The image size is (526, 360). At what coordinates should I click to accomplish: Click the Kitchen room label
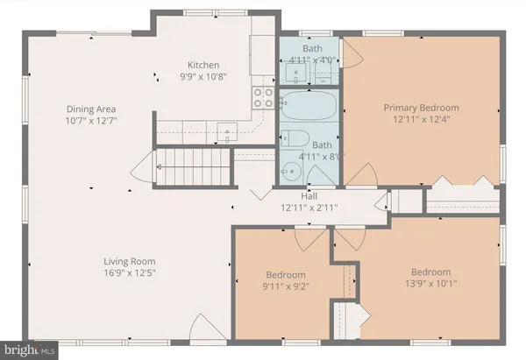pyautogui.click(x=202, y=65)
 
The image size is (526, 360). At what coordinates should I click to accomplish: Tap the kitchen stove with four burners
pyautogui.click(x=262, y=97)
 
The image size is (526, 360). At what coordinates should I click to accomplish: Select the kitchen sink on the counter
pyautogui.click(x=228, y=134)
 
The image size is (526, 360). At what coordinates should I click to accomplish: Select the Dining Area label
pyautogui.click(x=88, y=109)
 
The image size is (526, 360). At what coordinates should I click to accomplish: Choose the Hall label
pyautogui.click(x=309, y=196)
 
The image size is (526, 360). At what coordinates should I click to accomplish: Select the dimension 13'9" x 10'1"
pyautogui.click(x=431, y=283)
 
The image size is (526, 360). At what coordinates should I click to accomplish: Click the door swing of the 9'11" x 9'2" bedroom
pyautogui.click(x=305, y=239)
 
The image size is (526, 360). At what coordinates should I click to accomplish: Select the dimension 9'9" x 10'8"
pyautogui.click(x=202, y=77)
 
